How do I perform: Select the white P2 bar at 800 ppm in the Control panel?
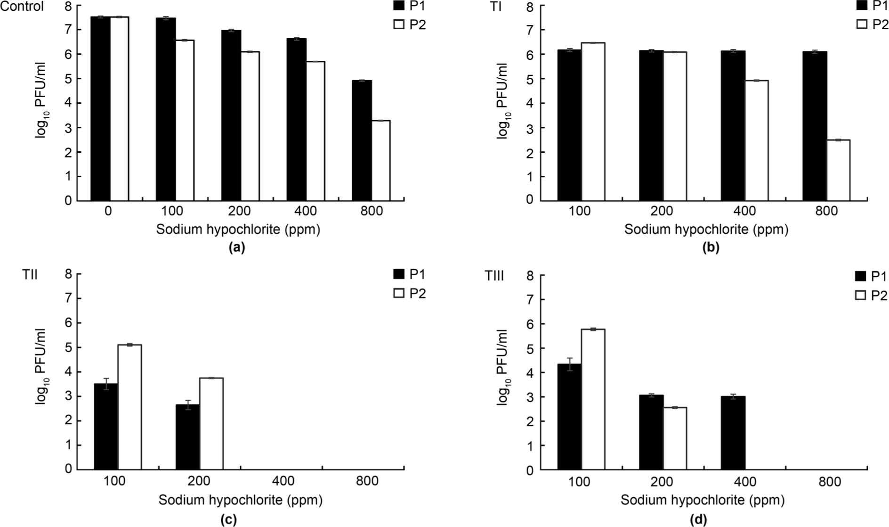pos(380,160)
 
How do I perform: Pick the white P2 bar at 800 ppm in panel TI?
pos(838,170)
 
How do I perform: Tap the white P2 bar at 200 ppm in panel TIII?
pos(675,438)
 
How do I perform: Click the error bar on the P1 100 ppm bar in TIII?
pos(569,364)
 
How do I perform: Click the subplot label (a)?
pos(236,247)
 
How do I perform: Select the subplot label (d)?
pos(698,519)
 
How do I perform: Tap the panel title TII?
pos(30,275)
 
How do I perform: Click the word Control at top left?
pos(22,7)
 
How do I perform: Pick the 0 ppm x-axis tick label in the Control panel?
pos(108,211)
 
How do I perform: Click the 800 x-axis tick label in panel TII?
pos(367,481)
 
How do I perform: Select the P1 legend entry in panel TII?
pos(409,274)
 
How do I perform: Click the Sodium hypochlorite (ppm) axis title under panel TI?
pos(706,230)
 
